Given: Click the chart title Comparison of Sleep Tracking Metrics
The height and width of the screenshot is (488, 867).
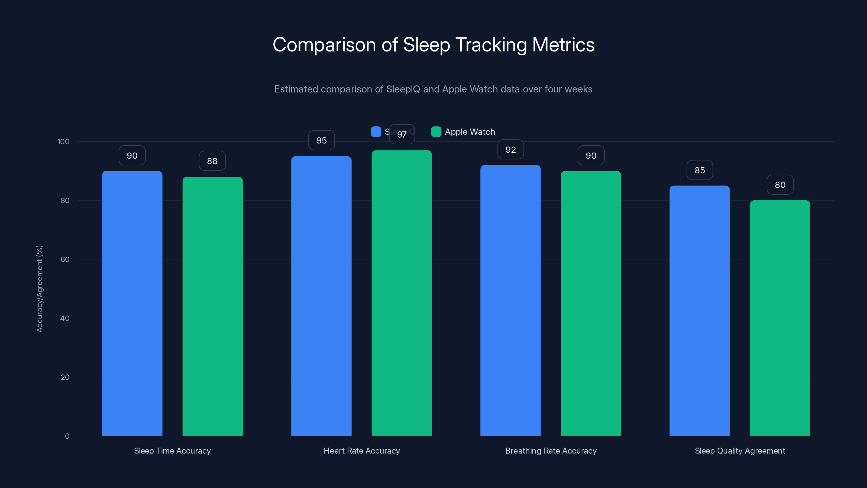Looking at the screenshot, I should [433, 45].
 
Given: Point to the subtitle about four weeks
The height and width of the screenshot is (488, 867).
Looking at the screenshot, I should [433, 89].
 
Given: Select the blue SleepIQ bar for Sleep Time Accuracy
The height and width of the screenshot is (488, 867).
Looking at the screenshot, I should [132, 303].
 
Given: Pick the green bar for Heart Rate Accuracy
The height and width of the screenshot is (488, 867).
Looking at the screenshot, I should [402, 293].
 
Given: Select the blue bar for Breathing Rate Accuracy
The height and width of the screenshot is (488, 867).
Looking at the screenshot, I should [510, 300].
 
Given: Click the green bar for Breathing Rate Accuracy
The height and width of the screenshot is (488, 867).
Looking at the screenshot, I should [591, 303].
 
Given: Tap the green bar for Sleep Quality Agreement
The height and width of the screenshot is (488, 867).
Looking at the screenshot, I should [780, 318].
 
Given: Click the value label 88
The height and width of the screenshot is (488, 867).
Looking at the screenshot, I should [212, 161].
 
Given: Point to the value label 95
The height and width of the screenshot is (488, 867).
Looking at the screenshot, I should [321, 140].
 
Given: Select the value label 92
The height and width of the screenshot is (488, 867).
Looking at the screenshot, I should [510, 150].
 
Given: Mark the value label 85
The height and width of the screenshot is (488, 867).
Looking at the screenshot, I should [700, 171].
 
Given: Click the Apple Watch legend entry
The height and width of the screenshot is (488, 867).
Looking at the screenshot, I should [463, 132].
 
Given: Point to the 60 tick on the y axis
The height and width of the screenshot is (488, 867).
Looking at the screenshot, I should [65, 259].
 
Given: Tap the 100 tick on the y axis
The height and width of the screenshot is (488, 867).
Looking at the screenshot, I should [63, 142].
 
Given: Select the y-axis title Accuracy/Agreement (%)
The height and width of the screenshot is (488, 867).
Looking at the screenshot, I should [39, 289].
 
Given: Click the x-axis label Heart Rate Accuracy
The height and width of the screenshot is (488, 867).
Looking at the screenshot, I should [362, 451].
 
